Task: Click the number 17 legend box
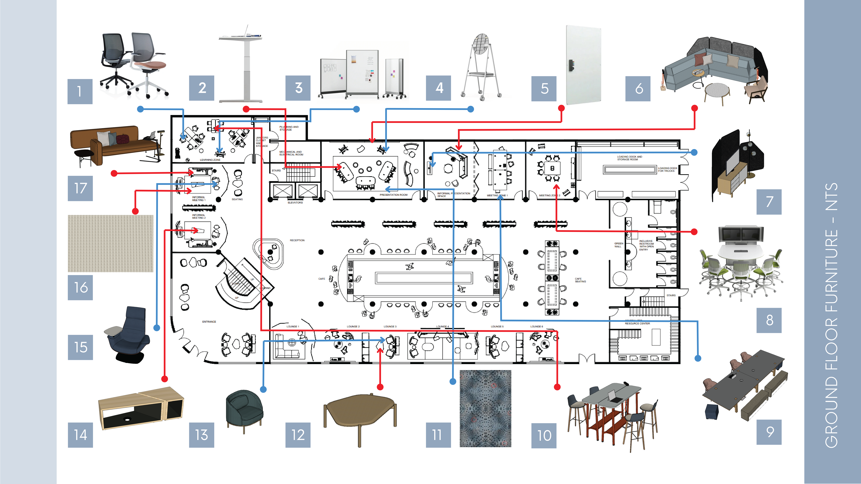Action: click(80, 188)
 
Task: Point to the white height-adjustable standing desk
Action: click(241, 65)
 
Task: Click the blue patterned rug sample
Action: click(485, 408)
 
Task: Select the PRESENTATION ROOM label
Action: click(393, 195)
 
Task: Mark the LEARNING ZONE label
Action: click(210, 160)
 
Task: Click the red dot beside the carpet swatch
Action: click(135, 211)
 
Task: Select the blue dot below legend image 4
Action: click(470, 109)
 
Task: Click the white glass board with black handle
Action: click(583, 65)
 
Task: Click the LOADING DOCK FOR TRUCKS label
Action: click(667, 169)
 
